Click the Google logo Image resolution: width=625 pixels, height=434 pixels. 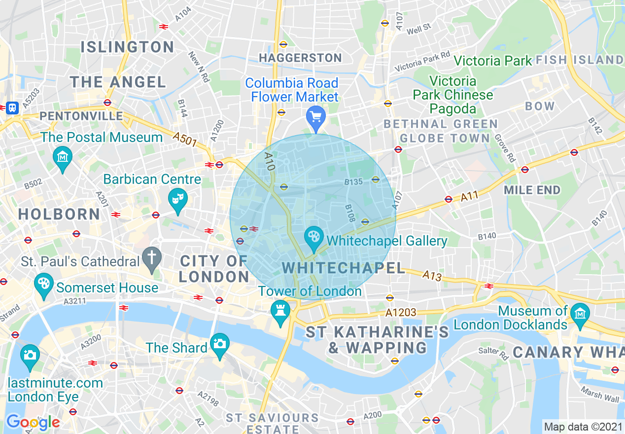pos(33,423)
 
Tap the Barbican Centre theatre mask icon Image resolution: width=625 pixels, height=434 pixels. pos(177,199)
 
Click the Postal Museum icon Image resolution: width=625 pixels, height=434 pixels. pos(63,157)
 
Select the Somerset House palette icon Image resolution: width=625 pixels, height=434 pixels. pos(44,285)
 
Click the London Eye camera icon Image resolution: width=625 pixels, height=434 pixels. pos(30,355)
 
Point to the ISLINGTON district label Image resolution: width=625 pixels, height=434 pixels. pos(127,47)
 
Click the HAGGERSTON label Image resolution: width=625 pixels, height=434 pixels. pos(300,58)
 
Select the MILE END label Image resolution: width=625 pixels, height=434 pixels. pos(532,190)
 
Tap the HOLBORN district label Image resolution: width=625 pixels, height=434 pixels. pos(59,214)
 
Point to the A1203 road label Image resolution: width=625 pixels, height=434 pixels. pos(401,312)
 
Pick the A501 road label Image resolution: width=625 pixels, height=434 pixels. pos(185,140)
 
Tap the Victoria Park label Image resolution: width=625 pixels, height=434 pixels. pos(492,61)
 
